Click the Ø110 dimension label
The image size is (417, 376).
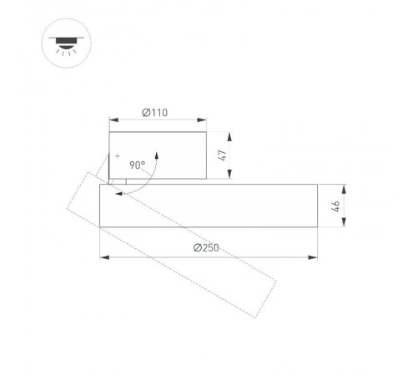[x=157, y=111]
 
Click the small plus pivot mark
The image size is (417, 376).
[x=118, y=156]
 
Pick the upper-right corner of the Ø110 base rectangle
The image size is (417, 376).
[x=206, y=132]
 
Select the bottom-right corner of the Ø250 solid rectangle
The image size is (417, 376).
[x=317, y=227]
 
